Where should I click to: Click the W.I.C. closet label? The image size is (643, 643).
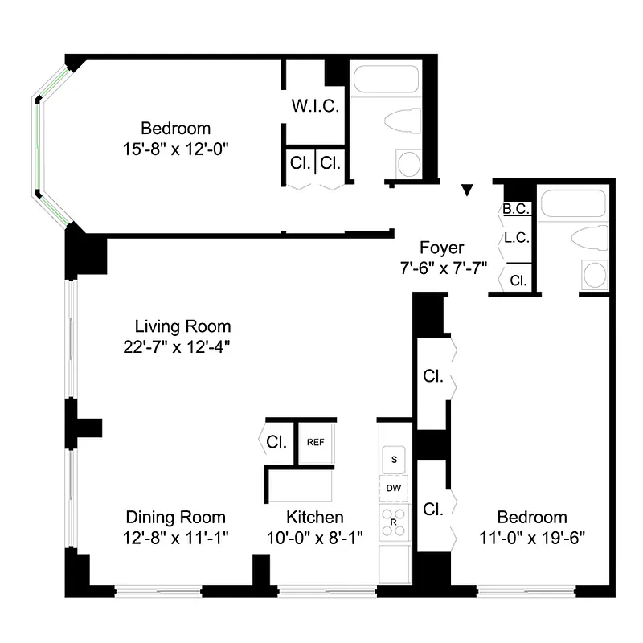315,105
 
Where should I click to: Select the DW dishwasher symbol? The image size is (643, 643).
394,488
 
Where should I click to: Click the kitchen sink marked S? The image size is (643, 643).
394,460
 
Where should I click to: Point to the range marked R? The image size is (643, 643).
394,520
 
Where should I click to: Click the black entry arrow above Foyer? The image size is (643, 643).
466,190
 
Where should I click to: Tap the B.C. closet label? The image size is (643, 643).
515,209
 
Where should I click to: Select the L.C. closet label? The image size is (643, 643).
515,237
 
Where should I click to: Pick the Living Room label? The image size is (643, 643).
182,326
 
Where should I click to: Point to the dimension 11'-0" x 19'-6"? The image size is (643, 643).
531,538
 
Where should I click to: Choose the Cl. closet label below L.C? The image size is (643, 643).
518,281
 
